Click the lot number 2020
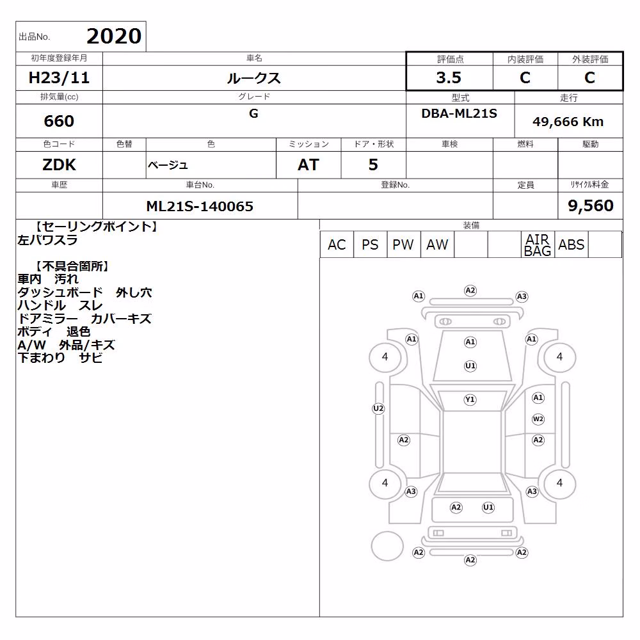point(114,36)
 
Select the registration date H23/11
point(59,77)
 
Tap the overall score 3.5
point(449,77)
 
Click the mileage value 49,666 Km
point(568,122)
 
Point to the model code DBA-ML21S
point(459,113)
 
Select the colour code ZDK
point(59,165)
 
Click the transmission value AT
point(308,165)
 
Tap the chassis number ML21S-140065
point(200,206)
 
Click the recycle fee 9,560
point(591,205)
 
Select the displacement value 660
point(59,121)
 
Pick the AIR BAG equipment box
point(538,244)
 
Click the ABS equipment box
point(572,244)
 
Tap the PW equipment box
point(403,244)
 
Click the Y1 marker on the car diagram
point(470,399)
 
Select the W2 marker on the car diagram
point(538,419)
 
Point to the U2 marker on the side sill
point(378,408)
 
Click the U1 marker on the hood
point(470,366)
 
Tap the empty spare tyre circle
point(387,546)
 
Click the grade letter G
point(253,113)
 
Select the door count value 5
point(373,165)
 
